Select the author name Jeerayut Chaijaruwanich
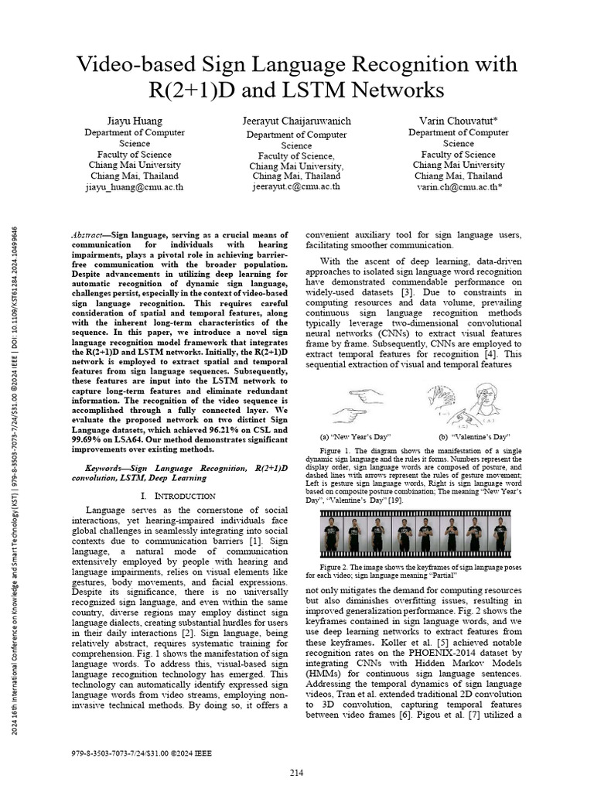(297, 121)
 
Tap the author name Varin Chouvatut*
(459, 121)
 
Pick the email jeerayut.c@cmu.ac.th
(297, 187)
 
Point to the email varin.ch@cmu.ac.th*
(459, 187)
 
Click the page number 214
(297, 773)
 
